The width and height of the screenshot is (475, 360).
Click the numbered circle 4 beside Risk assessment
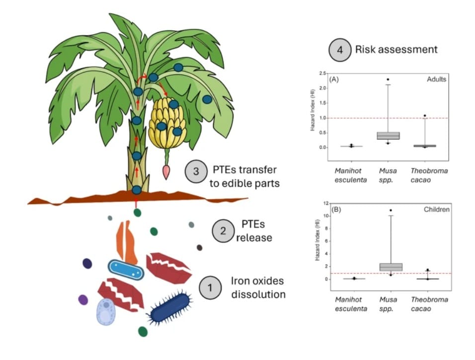340,50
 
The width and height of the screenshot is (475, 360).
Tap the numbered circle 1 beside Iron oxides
210,288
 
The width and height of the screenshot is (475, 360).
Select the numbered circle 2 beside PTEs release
223,231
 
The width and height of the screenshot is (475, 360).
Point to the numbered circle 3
196,171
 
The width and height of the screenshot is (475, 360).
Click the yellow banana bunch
167,123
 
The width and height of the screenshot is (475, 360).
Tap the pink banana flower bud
166,172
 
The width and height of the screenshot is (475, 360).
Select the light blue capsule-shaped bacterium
126,270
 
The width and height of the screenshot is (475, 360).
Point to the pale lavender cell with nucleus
106,312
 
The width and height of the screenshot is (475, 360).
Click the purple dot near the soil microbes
83,300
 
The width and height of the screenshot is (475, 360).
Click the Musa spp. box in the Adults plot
388,136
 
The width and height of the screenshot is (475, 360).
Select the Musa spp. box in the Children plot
391,267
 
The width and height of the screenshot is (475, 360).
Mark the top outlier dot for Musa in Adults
388,79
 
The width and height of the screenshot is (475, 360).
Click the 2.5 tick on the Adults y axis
322,73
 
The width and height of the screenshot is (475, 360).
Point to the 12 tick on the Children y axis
325,203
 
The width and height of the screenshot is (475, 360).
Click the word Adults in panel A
436,79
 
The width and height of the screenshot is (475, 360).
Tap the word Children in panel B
437,210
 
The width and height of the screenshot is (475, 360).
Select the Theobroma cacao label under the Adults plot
429,175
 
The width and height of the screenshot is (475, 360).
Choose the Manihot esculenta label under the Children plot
351,304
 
